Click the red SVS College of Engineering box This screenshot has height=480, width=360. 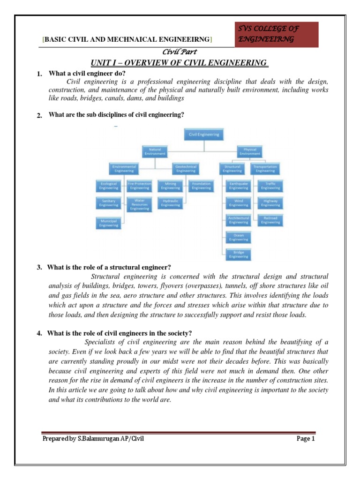click(278, 34)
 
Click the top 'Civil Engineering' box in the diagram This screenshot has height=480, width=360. click(203, 135)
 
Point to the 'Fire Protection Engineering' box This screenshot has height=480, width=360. click(139, 186)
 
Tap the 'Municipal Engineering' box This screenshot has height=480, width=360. click(109, 223)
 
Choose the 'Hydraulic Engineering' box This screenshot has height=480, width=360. click(171, 203)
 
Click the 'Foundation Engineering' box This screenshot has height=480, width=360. click(201, 186)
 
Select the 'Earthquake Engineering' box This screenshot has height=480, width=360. click(239, 186)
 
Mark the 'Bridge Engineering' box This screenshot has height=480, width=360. click(239, 255)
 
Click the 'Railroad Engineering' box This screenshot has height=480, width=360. click(270, 220)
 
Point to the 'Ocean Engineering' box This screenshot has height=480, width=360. click(239, 237)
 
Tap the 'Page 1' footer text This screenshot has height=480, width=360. click(306, 439)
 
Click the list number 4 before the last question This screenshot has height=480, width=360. click(39, 333)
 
